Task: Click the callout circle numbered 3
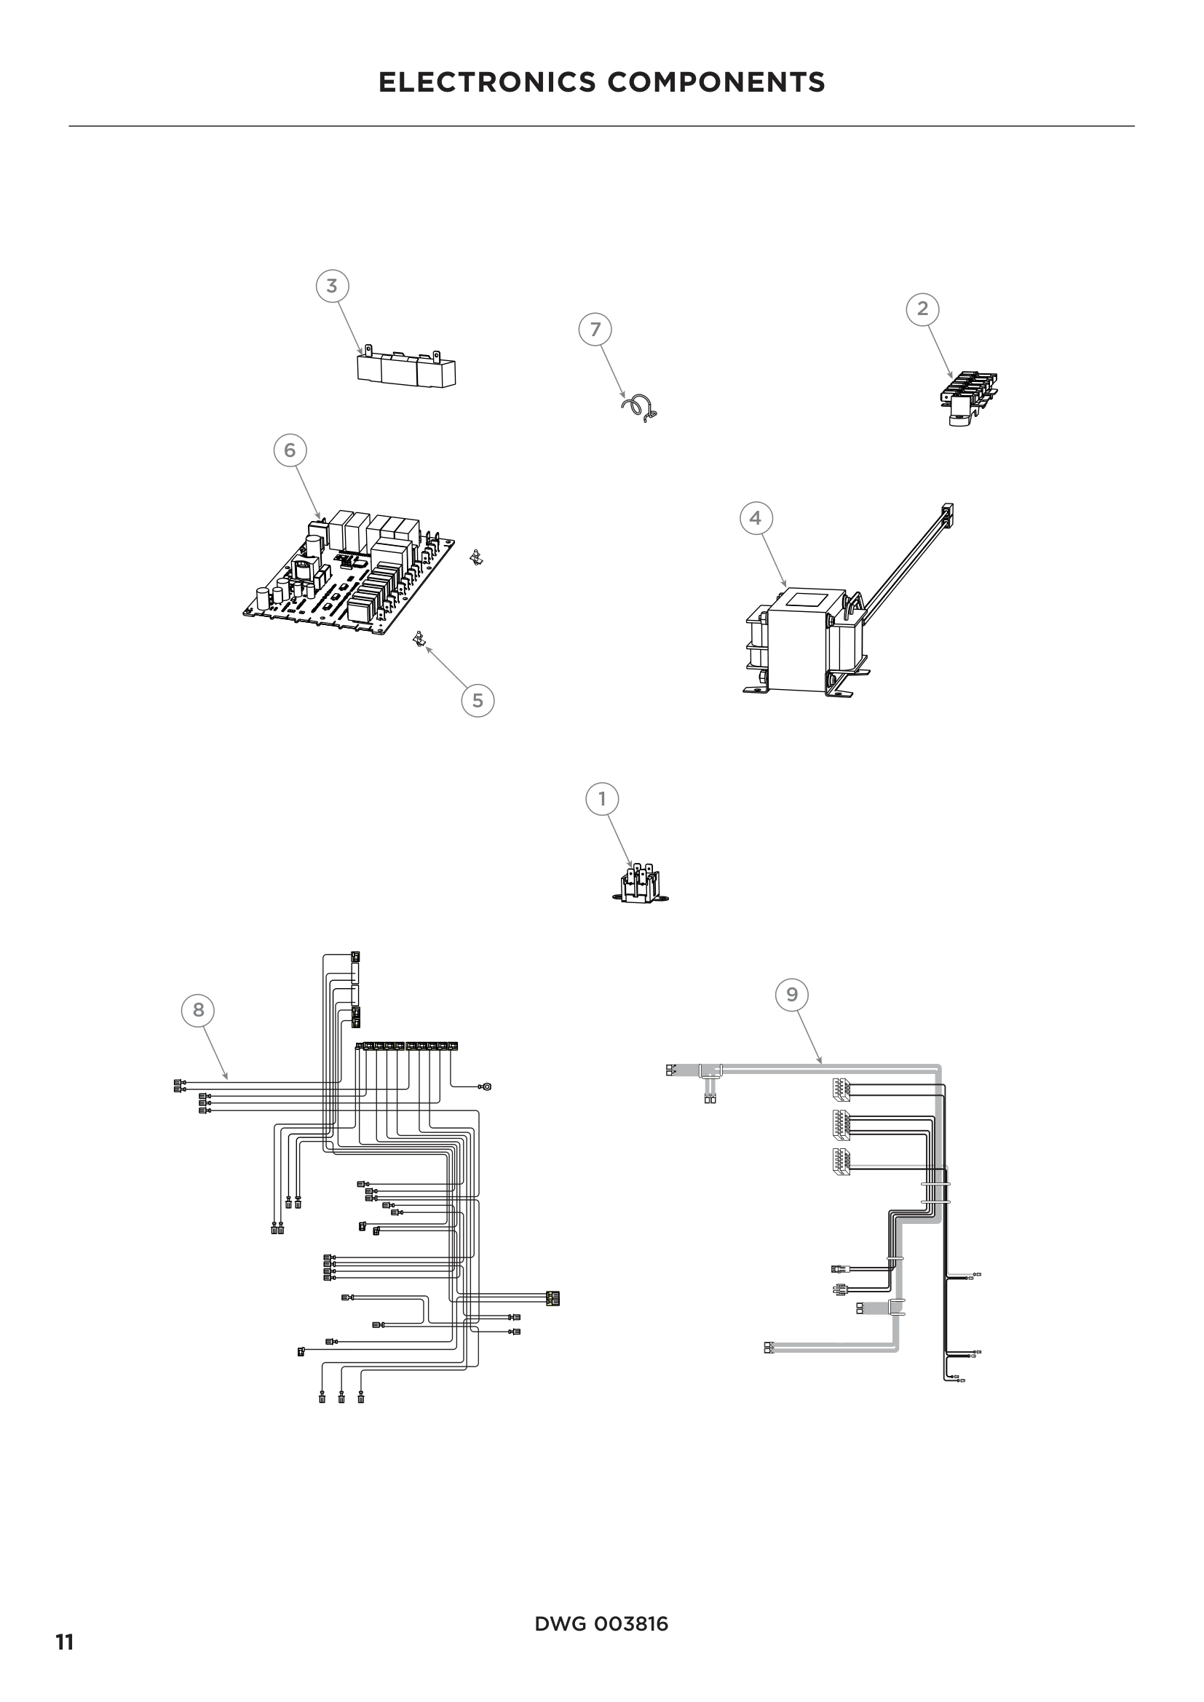332,285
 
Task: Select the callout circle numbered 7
595,329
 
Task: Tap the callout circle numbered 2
922,309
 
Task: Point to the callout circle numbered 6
290,450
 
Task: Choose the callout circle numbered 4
756,517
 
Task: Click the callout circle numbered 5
478,701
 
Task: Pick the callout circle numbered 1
602,799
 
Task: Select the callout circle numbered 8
198,1010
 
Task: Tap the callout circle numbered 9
792,994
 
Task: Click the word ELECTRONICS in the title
487,82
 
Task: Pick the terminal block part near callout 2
972,397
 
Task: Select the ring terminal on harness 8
486,1086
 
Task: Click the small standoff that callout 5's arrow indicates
419,638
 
